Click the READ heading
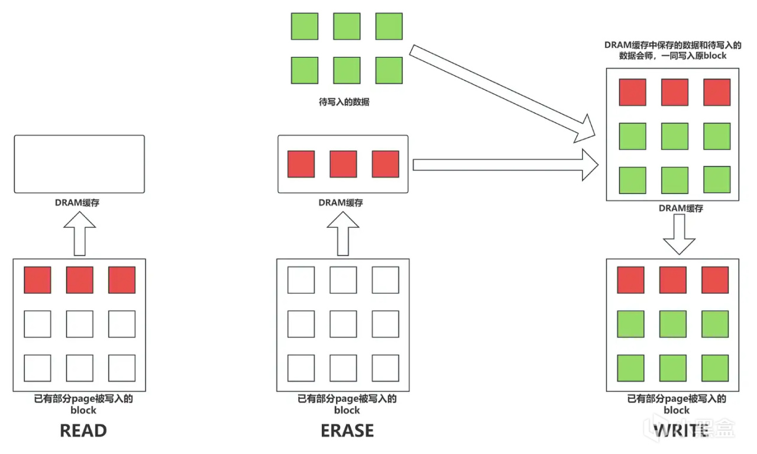click(x=83, y=430)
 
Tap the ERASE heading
click(x=347, y=430)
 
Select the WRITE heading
click(x=681, y=430)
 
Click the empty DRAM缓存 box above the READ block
click(x=79, y=164)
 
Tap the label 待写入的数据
click(x=344, y=102)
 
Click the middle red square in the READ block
click(x=79, y=280)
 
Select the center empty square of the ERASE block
click(x=343, y=324)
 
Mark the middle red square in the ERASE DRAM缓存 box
click(x=343, y=164)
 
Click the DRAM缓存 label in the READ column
click(x=79, y=202)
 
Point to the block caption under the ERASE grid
click(x=347, y=404)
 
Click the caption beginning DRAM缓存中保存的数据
click(x=672, y=50)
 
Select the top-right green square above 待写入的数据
click(x=389, y=26)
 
